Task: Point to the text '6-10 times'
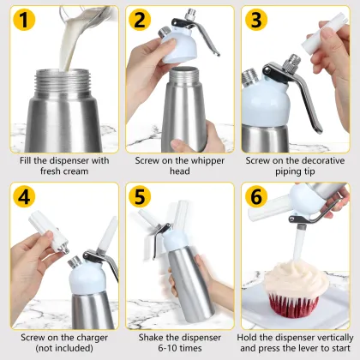(179, 348)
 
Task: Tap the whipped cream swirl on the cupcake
(291, 287)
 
